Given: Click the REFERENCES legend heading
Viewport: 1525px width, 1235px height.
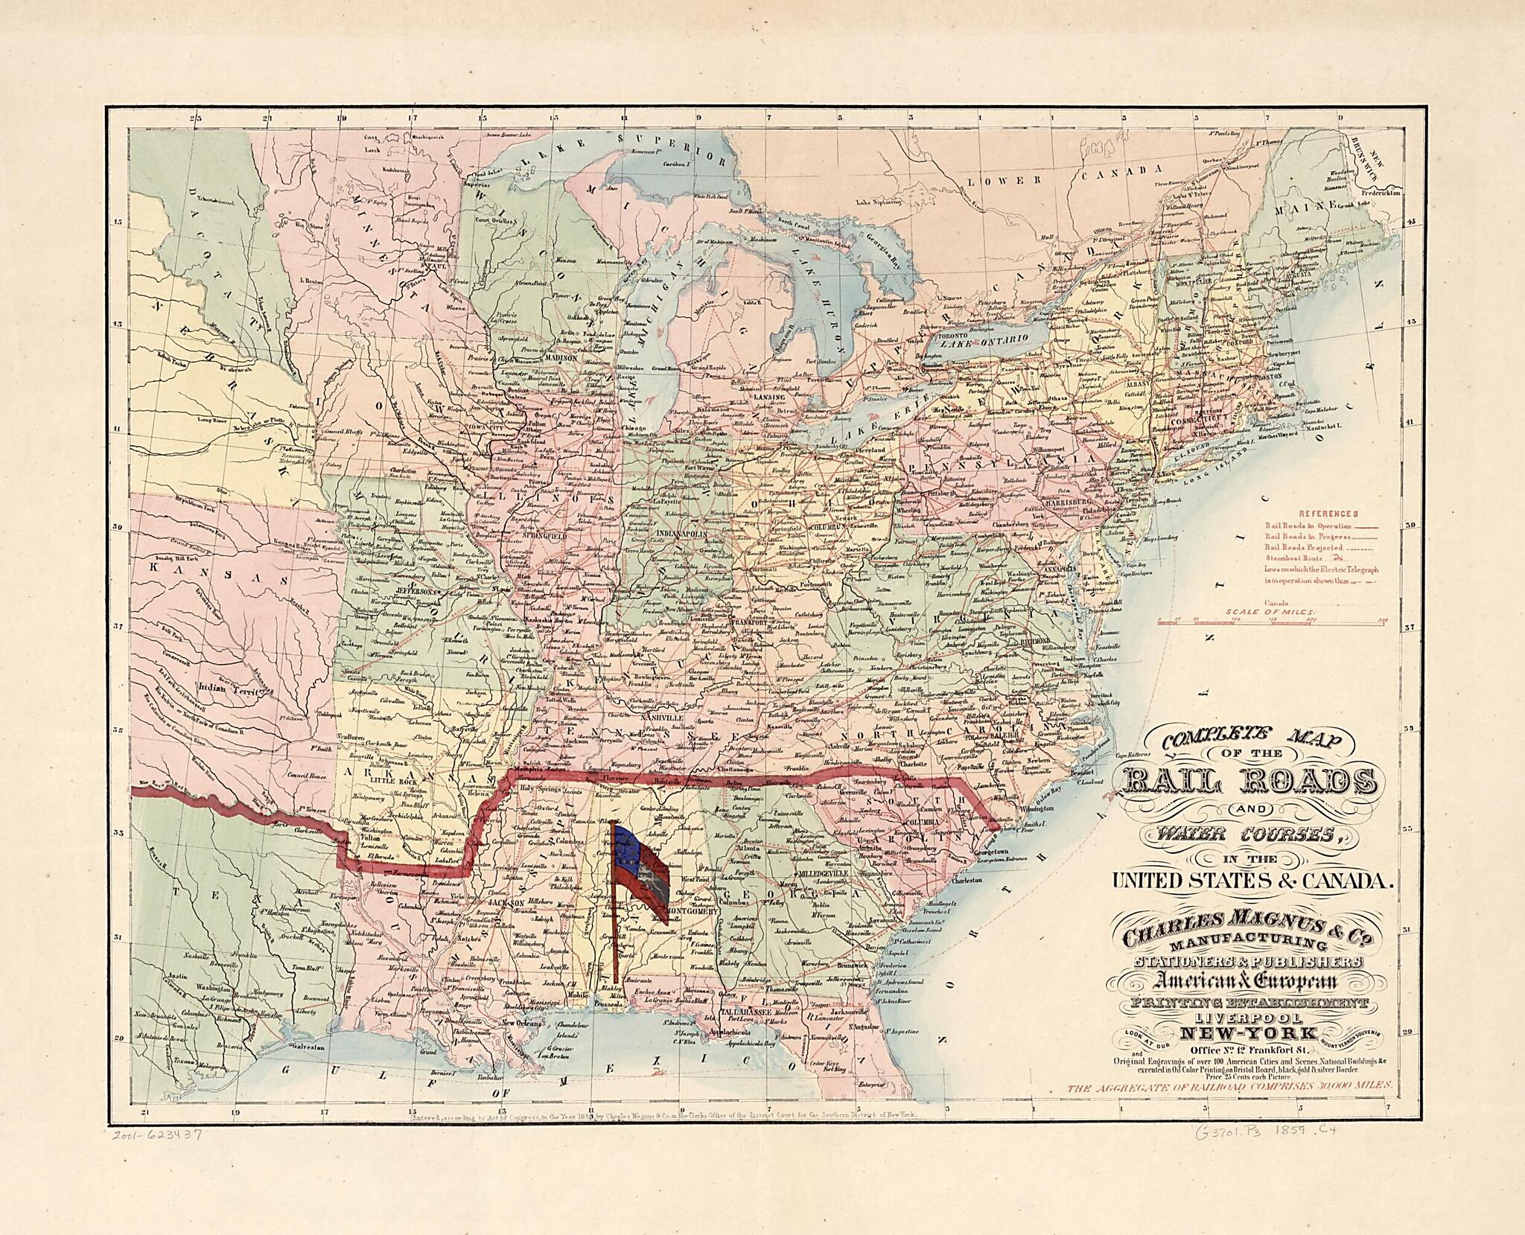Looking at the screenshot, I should (x=1328, y=513).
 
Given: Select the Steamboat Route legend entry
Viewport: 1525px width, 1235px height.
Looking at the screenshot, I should (x=1292, y=556).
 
